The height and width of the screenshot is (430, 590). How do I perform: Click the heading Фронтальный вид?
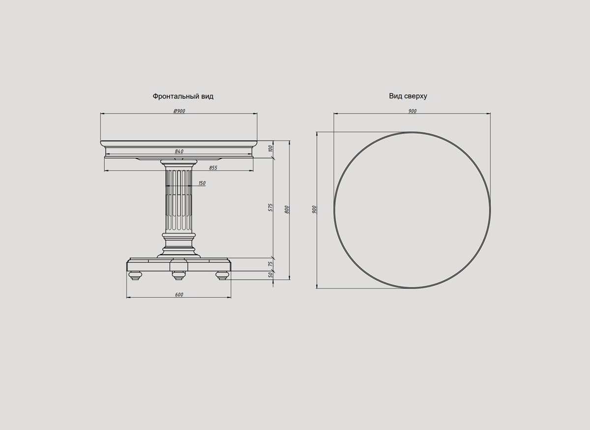click(x=183, y=96)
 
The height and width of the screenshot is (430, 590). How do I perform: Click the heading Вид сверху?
click(x=408, y=96)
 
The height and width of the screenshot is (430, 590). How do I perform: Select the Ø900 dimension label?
click(x=179, y=111)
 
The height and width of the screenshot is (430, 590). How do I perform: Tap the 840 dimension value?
click(x=179, y=151)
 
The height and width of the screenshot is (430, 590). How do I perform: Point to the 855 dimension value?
click(x=213, y=168)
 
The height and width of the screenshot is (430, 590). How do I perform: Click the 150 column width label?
click(x=202, y=183)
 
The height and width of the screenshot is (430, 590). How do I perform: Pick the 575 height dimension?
click(x=270, y=207)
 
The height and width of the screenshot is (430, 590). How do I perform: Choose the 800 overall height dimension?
click(x=287, y=210)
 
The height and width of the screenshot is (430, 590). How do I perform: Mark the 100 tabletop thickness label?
click(x=270, y=149)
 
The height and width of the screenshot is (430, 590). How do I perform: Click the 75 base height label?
click(x=270, y=264)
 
